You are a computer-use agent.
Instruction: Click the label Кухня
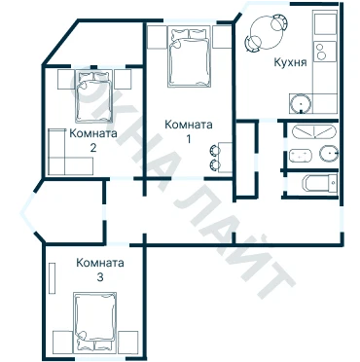click(x=290, y=62)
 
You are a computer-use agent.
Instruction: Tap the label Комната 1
click(x=189, y=131)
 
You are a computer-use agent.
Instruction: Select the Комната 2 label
click(x=93, y=140)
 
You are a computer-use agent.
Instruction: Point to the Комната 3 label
click(x=100, y=270)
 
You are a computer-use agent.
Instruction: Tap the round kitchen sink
click(x=301, y=104)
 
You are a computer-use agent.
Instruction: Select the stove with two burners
click(x=325, y=52)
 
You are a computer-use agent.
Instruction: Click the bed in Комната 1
click(x=189, y=57)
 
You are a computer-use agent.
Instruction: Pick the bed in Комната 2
click(x=94, y=96)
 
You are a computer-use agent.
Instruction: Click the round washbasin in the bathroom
click(x=329, y=154)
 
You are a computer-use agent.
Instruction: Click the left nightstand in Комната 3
click(x=62, y=341)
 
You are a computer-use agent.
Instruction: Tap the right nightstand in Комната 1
click(x=222, y=37)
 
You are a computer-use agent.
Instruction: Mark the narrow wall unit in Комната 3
click(x=53, y=278)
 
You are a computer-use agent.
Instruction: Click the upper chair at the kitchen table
click(x=280, y=22)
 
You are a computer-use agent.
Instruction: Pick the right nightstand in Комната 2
click(x=123, y=79)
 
